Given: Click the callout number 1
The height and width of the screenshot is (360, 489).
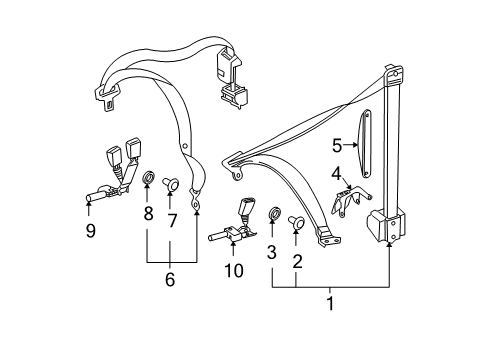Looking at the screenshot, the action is pos(330,303).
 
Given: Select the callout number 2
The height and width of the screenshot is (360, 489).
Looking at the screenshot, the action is pos(297,261).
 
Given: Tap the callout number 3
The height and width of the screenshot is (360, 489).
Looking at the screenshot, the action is pos(272,252).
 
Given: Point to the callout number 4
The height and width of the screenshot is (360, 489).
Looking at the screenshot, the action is pos(337,174).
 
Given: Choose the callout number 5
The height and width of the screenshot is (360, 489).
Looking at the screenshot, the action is pos(337,146).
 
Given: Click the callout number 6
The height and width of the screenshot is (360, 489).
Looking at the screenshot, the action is pos(170,279).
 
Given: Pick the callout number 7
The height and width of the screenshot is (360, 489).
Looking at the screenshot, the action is pos(172,221).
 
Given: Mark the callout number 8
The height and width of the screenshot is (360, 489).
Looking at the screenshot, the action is pos(149,213).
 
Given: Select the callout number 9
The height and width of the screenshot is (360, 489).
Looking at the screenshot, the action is pos(90,230).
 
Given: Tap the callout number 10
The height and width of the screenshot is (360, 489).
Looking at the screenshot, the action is pos(234,271).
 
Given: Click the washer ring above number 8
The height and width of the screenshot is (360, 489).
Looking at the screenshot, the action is pos(149,178).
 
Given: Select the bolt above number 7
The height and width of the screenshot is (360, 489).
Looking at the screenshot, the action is pos(171,184).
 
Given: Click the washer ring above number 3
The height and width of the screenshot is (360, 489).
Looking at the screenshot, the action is pos(274,213).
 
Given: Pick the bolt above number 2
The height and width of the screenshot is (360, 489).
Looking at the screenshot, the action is pos(296,222).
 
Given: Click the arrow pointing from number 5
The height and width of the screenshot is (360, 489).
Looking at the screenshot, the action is pos(350,145).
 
